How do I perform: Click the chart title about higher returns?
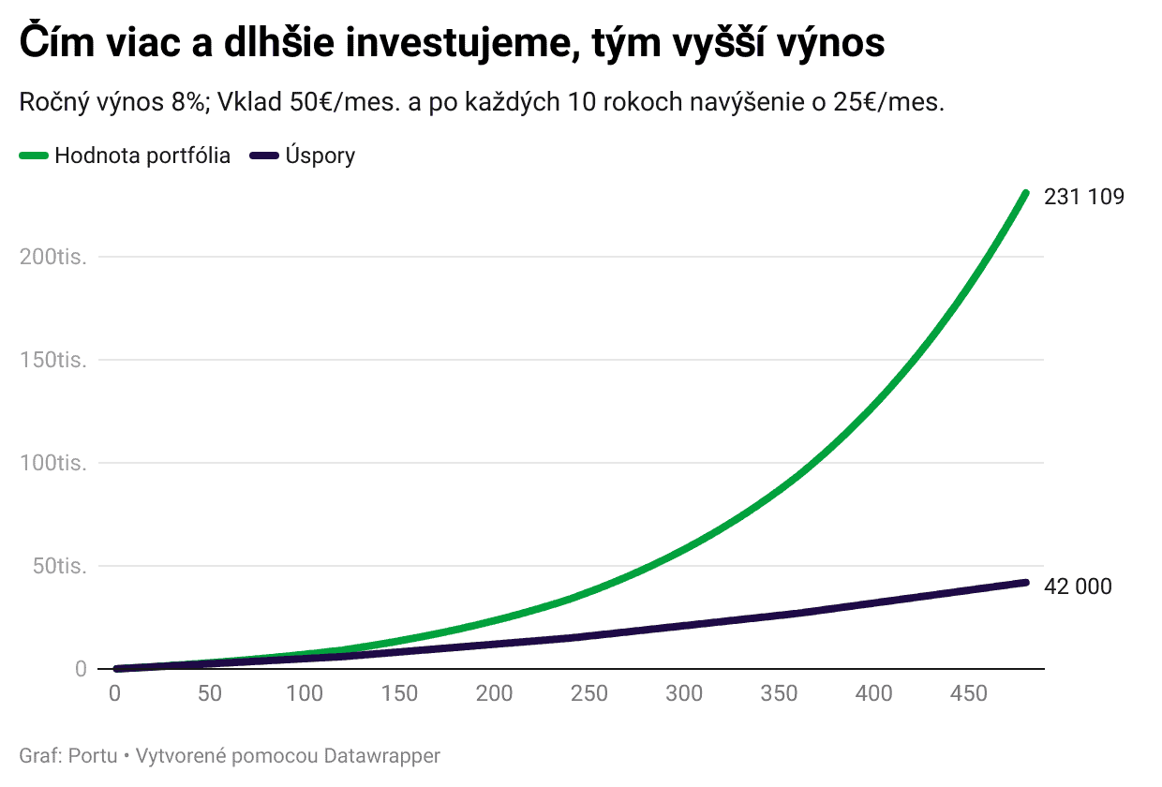tap(452, 43)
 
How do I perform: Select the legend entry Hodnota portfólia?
tap(142, 156)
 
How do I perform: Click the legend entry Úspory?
tap(320, 156)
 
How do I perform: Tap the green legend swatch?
tap(34, 156)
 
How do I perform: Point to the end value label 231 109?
tap(1083, 197)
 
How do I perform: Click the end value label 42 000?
tap(1078, 587)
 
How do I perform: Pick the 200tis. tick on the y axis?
tap(53, 257)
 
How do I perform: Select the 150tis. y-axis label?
tap(53, 360)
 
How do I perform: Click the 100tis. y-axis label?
tap(53, 463)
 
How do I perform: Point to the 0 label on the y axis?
tap(81, 669)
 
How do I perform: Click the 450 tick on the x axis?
tap(969, 694)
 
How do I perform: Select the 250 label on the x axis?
tap(589, 694)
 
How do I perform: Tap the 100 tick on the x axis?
tap(305, 694)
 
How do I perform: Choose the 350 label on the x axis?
tap(779, 694)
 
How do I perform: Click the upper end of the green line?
tap(1025, 194)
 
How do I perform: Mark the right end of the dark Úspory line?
tap(1025, 583)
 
